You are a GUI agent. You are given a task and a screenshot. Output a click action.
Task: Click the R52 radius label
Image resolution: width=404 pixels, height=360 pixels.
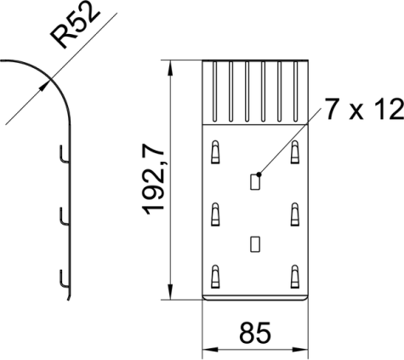tap(75, 27)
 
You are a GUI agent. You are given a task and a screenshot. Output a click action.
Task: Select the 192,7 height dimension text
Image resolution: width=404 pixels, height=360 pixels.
tap(154, 180)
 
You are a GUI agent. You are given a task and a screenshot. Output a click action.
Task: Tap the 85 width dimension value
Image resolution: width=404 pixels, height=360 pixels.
tap(255, 333)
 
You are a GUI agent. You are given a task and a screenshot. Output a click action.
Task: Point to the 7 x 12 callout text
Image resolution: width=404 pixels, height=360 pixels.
tap(364, 109)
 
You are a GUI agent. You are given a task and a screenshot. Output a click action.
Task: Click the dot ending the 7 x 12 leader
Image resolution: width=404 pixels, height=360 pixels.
tap(259, 174)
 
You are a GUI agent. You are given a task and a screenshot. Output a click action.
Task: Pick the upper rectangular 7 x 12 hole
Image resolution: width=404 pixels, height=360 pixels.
tap(255, 182)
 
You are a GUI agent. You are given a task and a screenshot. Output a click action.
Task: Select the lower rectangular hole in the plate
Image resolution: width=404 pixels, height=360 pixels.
tap(255, 244)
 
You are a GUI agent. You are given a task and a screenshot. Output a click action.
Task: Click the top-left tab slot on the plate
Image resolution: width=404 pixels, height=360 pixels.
tap(215, 151)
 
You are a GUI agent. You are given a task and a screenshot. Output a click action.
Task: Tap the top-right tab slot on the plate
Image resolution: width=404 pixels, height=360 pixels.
tap(295, 151)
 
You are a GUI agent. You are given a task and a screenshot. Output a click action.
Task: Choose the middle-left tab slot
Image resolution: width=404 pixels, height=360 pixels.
tap(215, 214)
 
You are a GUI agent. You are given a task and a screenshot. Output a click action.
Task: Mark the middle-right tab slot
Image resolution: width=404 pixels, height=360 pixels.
tap(295, 214)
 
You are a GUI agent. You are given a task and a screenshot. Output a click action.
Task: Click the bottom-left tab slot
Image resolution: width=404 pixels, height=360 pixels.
tap(215, 277)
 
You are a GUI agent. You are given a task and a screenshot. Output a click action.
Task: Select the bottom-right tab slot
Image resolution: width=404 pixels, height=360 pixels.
tap(295, 277)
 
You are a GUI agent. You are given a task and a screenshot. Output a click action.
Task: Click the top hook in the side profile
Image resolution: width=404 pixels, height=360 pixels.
tap(63, 155)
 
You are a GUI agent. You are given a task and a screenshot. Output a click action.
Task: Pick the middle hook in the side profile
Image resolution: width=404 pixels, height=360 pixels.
tap(63, 217)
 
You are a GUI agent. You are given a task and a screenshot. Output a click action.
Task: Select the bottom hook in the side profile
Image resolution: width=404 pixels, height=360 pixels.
tap(63, 279)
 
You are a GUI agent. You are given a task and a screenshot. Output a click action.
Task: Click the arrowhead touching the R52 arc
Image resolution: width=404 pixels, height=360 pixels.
tap(45, 85)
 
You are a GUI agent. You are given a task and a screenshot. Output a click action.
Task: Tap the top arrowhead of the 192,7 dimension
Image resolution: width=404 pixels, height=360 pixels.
tap(170, 68)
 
